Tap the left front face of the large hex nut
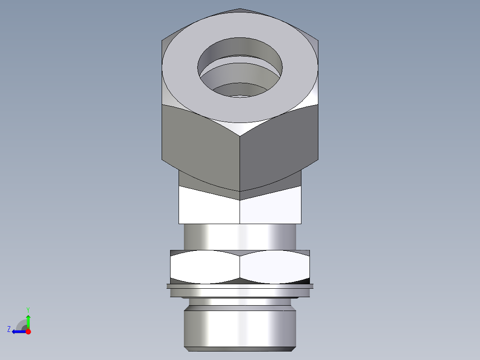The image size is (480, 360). click(x=200, y=143)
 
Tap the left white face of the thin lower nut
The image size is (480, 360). click(x=205, y=267)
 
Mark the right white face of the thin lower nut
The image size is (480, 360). click(x=275, y=267)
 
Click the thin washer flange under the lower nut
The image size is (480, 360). click(x=240, y=286)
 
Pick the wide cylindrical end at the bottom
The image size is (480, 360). click(x=240, y=327)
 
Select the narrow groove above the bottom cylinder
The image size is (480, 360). click(x=240, y=302)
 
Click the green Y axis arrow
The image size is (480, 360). click(x=28, y=320)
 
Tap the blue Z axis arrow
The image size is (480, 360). click(x=17, y=331)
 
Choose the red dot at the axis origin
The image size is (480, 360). click(x=28, y=331)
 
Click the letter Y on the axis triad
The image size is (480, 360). click(x=28, y=309)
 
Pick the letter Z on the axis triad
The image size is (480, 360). click(x=9, y=329)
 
